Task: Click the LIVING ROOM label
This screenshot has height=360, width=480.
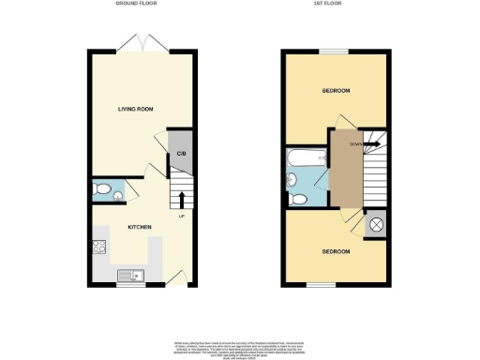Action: [136, 110]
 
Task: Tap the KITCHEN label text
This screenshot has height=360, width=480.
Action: [140, 228]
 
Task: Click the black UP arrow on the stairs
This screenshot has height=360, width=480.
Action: [181, 198]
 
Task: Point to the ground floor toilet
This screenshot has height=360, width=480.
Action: [105, 191]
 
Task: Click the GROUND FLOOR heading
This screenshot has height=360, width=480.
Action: [136, 5]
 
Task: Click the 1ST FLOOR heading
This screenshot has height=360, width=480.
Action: [334, 5]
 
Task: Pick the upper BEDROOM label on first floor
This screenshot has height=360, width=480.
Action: [336, 91]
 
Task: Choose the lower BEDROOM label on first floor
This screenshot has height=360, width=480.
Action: [336, 252]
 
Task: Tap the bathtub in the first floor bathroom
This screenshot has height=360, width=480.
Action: [306, 156]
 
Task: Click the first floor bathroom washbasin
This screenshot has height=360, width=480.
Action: [292, 179]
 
